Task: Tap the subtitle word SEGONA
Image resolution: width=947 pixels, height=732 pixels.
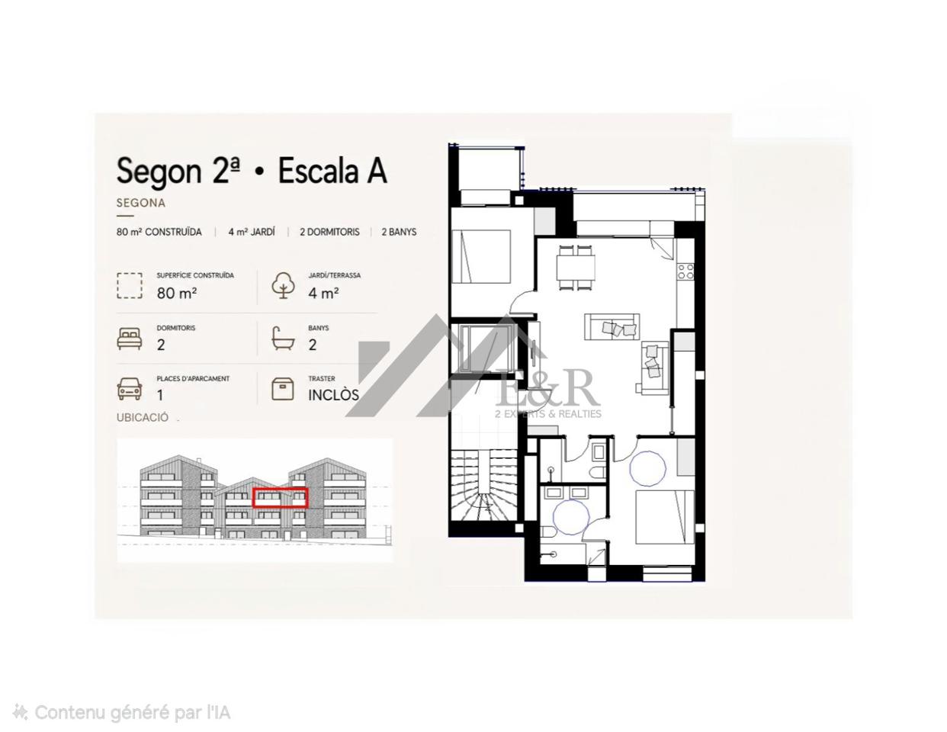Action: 141,203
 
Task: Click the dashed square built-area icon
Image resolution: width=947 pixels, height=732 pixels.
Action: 130,286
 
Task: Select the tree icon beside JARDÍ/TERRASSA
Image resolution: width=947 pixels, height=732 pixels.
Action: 284,285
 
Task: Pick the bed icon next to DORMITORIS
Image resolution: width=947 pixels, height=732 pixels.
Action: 130,339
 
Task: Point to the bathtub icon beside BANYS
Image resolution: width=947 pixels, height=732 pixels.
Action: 283,339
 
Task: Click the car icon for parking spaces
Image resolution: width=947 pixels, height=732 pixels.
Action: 130,389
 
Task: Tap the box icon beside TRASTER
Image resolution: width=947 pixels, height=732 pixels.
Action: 283,389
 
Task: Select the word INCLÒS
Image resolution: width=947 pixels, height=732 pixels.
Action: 333,395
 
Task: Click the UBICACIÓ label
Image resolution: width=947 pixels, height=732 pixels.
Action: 142,417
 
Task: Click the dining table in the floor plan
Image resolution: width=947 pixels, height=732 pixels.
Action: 575,268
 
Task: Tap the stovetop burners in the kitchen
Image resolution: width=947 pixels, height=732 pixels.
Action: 685,271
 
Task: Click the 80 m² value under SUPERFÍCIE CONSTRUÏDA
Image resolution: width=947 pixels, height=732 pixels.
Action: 176,294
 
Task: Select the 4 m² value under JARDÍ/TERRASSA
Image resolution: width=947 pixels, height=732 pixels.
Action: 323,294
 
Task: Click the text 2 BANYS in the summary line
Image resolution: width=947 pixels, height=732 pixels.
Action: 399,232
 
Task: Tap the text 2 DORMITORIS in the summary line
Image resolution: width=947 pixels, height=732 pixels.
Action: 329,232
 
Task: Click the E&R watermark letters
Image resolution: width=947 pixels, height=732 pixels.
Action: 547,389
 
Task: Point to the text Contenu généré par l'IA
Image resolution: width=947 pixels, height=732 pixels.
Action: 132,713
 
